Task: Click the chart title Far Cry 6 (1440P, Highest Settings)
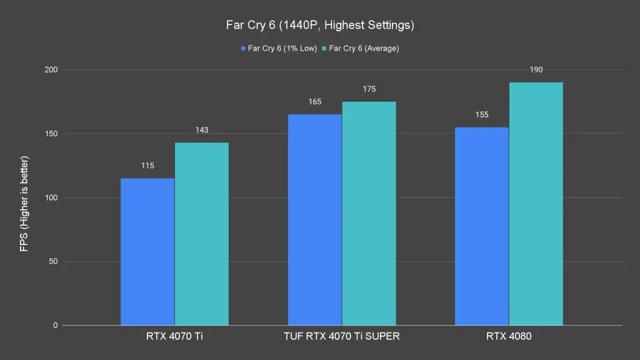pos(319,26)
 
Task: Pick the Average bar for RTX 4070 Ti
pos(201,234)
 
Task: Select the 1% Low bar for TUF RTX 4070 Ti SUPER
pos(314,219)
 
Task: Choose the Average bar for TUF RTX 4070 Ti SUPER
pos(369,213)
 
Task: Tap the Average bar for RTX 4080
pos(536,204)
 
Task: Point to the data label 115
pos(147,166)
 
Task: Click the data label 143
pos(201,130)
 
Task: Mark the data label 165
pos(314,101)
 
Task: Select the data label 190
pos(536,69)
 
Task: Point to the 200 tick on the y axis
pos(51,69)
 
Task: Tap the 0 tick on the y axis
pos(55,326)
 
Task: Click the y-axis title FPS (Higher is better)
pos(24,204)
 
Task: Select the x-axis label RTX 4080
pos(509,337)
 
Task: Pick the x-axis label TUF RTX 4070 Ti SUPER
pos(342,337)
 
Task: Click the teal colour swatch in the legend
pos(324,48)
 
